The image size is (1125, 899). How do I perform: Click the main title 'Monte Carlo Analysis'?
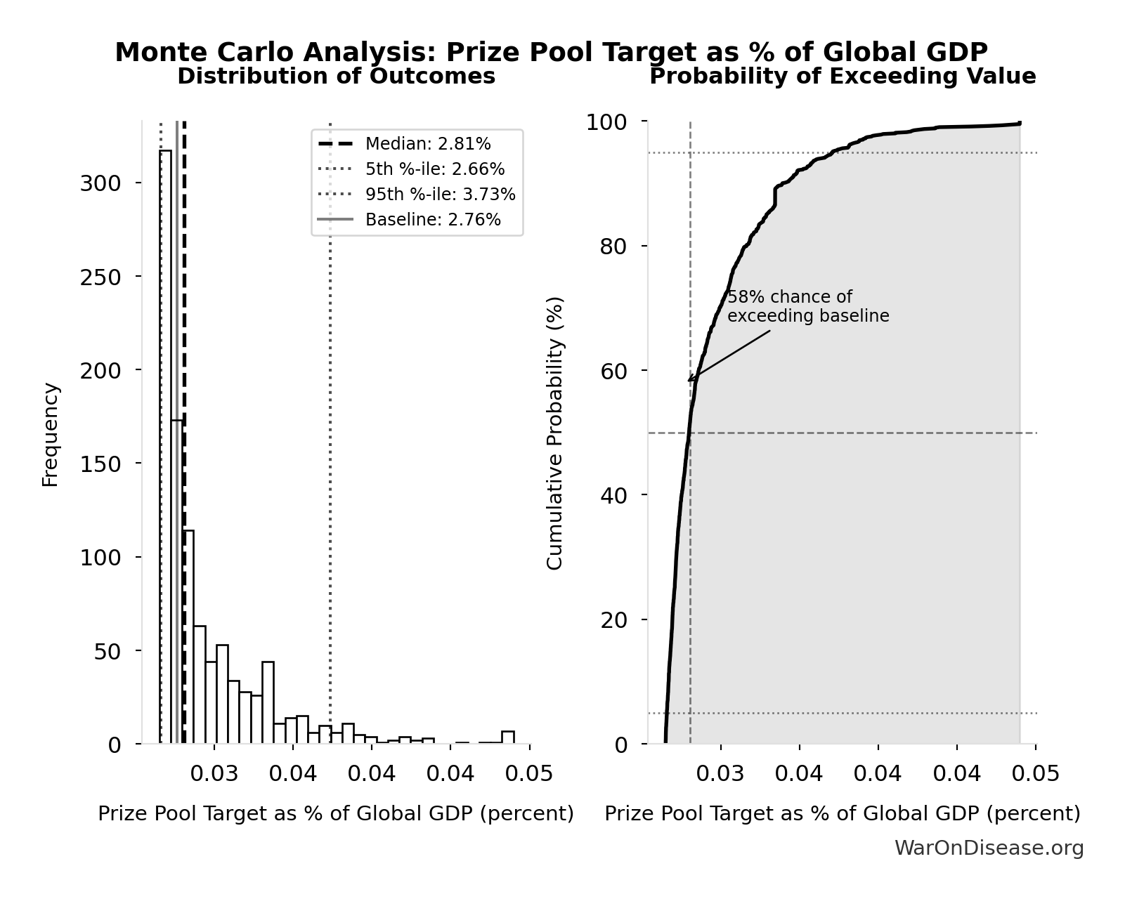pyautogui.click(x=551, y=52)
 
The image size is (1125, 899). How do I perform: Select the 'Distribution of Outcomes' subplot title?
pyautogui.click(x=336, y=77)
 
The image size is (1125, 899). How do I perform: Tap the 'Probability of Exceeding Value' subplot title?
pyautogui.click(x=843, y=77)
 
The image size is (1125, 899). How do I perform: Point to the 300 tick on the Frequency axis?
pyautogui.click(x=100, y=183)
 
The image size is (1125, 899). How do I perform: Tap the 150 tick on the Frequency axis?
pyautogui.click(x=100, y=464)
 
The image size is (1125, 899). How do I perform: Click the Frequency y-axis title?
pyautogui.click(x=51, y=434)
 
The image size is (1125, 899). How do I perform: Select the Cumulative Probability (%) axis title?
pyautogui.click(x=555, y=433)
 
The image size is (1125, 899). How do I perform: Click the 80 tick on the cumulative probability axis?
pyautogui.click(x=613, y=247)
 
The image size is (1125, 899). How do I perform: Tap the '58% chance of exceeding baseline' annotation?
pyautogui.click(x=807, y=307)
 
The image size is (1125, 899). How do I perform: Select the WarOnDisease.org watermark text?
pyautogui.click(x=989, y=848)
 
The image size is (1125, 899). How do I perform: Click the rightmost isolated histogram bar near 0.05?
pyautogui.click(x=508, y=737)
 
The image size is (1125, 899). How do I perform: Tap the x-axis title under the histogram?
pyautogui.click(x=336, y=813)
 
